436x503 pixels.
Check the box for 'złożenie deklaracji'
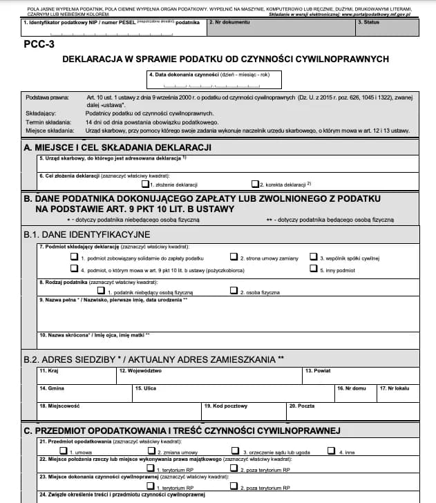click(145, 184)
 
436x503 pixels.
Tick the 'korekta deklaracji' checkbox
click(254, 184)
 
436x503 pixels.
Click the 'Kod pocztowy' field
click(245, 412)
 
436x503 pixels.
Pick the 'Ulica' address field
click(232, 394)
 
